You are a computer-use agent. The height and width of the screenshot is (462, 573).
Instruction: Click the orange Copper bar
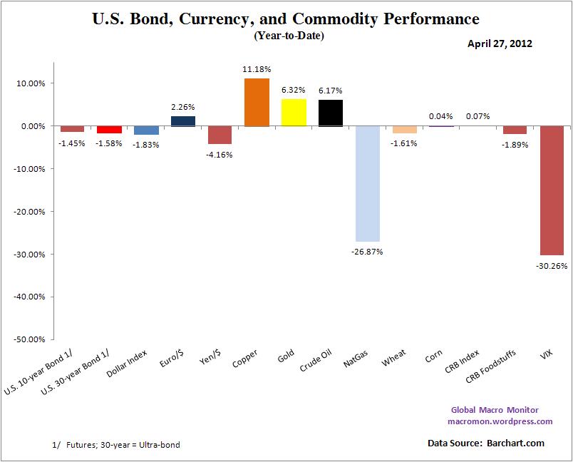coord(257,103)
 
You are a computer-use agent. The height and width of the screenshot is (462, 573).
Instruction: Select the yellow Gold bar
coord(294,113)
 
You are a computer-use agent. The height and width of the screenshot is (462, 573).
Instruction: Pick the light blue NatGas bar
coord(368,184)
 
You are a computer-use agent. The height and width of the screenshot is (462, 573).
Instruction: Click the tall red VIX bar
coord(552,190)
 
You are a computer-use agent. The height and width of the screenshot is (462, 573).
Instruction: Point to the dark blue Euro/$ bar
coord(183,121)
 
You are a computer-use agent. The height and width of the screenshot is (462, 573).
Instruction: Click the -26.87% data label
coord(368,251)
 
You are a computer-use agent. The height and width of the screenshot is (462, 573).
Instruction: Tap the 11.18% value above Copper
coord(257,69)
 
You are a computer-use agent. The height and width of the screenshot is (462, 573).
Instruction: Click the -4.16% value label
coord(220,154)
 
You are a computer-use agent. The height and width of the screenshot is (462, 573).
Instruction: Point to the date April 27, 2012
coord(500,43)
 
